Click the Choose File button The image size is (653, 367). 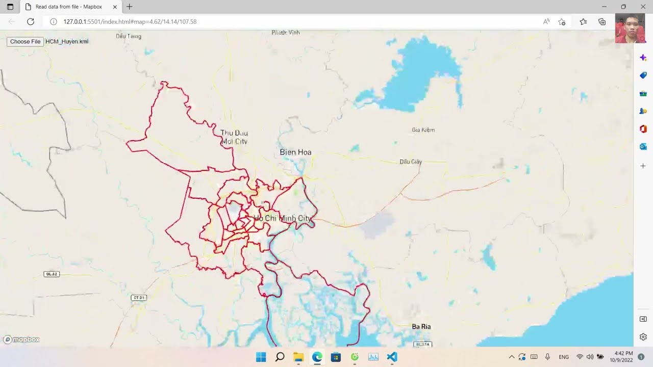[25, 41]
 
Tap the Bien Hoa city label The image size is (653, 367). [295, 152]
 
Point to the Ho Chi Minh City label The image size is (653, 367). [283, 218]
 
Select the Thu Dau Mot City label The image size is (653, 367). [234, 137]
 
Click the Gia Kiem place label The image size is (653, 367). [423, 130]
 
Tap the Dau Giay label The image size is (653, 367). [411, 162]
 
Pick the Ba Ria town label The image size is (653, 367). [421, 326]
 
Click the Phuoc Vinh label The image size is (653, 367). [286, 33]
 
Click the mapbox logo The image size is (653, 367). [21, 339]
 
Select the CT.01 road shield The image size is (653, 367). [139, 298]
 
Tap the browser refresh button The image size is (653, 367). [31, 21]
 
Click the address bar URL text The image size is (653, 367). [130, 21]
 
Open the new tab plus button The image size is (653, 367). [130, 7]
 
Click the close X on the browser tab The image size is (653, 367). [115, 7]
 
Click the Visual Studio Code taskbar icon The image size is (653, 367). [392, 357]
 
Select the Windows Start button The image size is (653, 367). [261, 357]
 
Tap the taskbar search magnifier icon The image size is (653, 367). [280, 357]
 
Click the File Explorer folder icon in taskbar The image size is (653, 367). [298, 357]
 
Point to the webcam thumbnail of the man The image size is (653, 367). [630, 28]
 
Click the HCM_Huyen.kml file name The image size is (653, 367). [67, 41]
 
